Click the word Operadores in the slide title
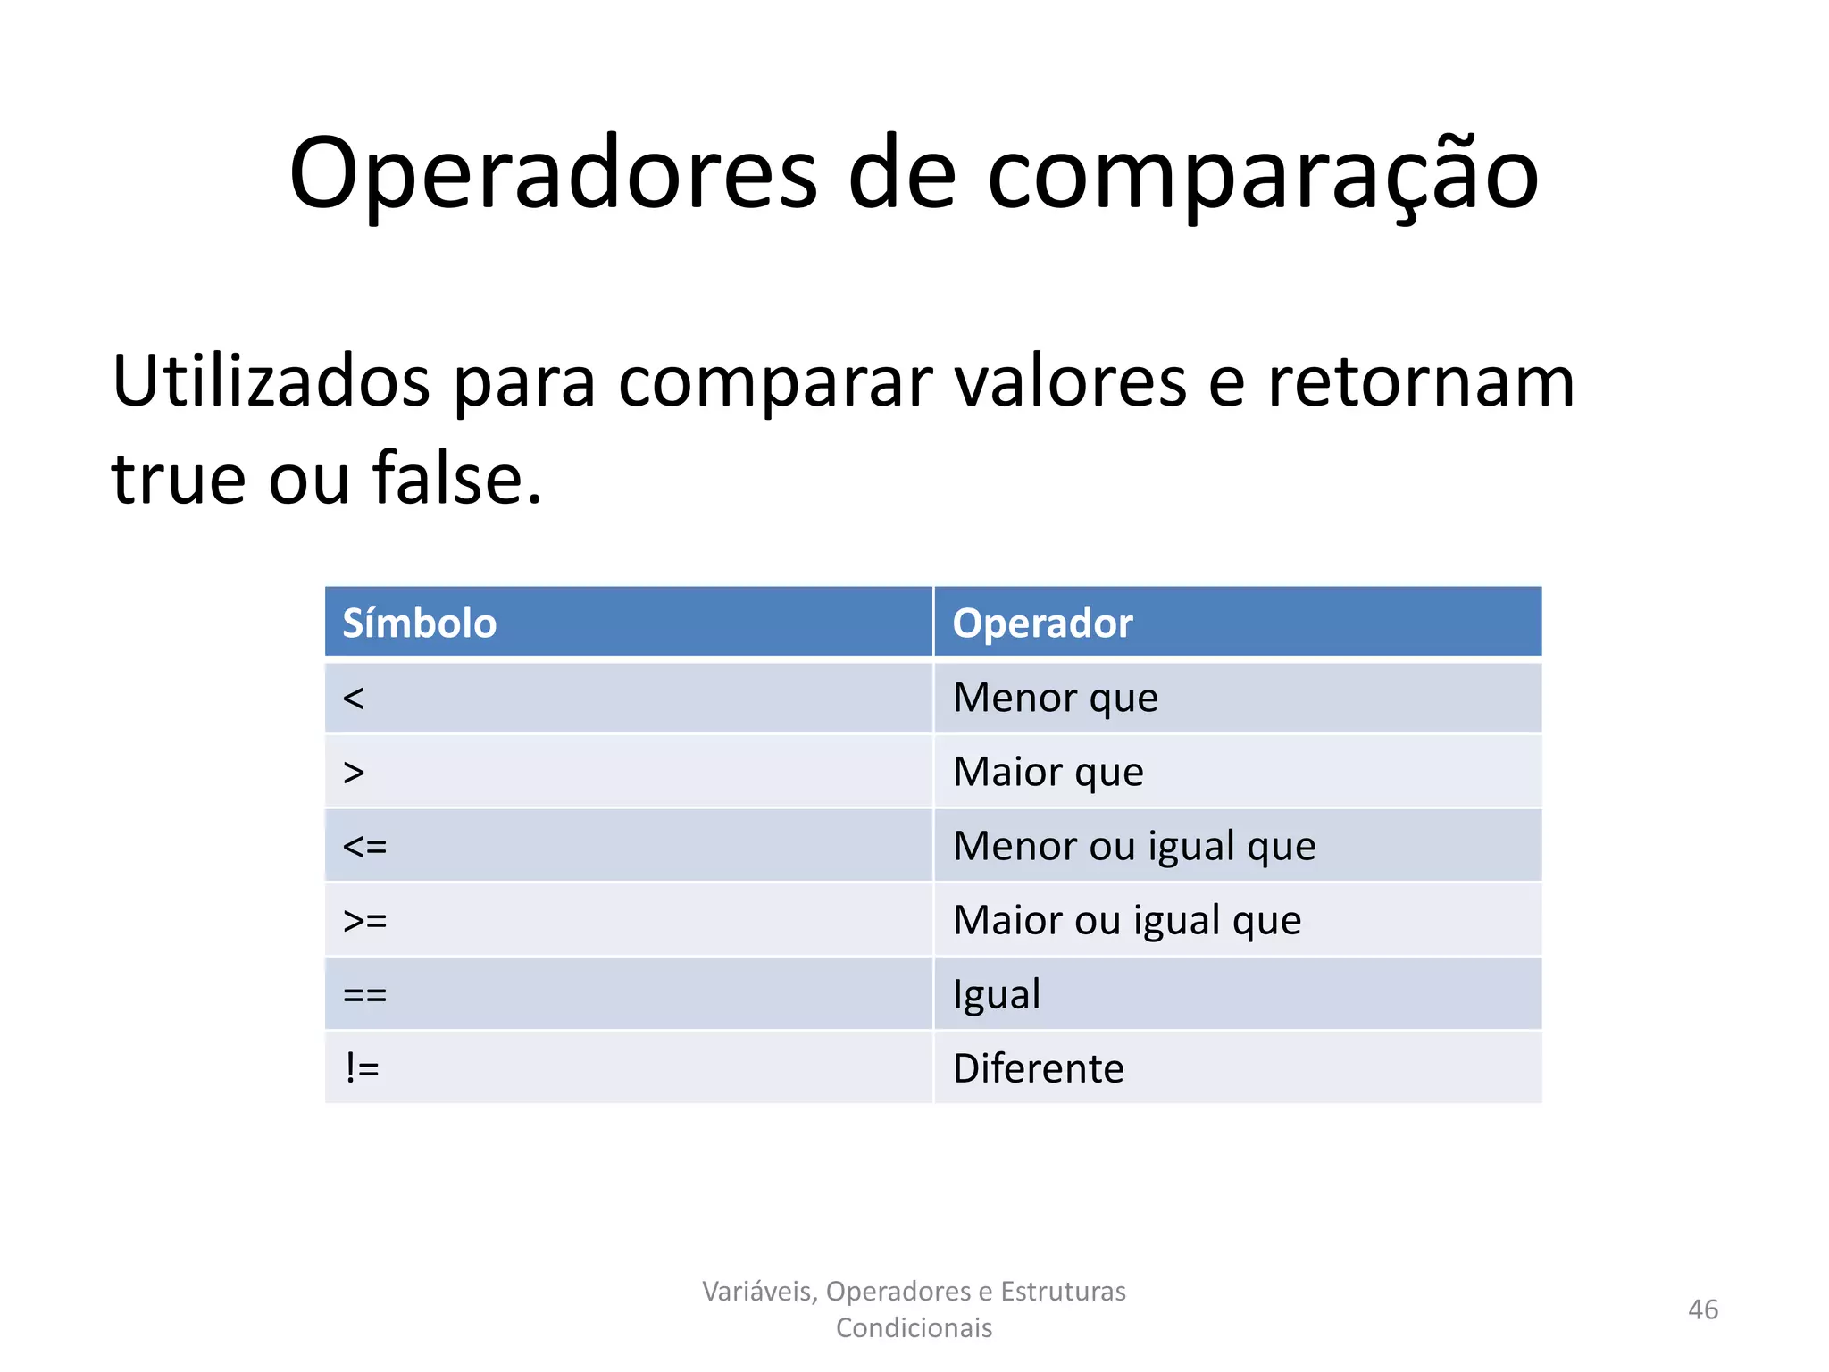click(x=552, y=174)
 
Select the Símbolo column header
click(x=419, y=623)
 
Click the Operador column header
click(x=1042, y=623)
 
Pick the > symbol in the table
click(x=354, y=772)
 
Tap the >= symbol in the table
click(x=364, y=920)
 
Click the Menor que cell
click(x=1055, y=698)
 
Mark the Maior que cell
click(x=1048, y=772)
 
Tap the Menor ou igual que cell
click(x=1134, y=846)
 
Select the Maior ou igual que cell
click(x=1127, y=920)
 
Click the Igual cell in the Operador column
click(x=997, y=994)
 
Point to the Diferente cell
click(x=1038, y=1068)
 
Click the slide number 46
click(x=1702, y=1309)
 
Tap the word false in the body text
click(x=456, y=479)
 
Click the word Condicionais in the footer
click(x=914, y=1328)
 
